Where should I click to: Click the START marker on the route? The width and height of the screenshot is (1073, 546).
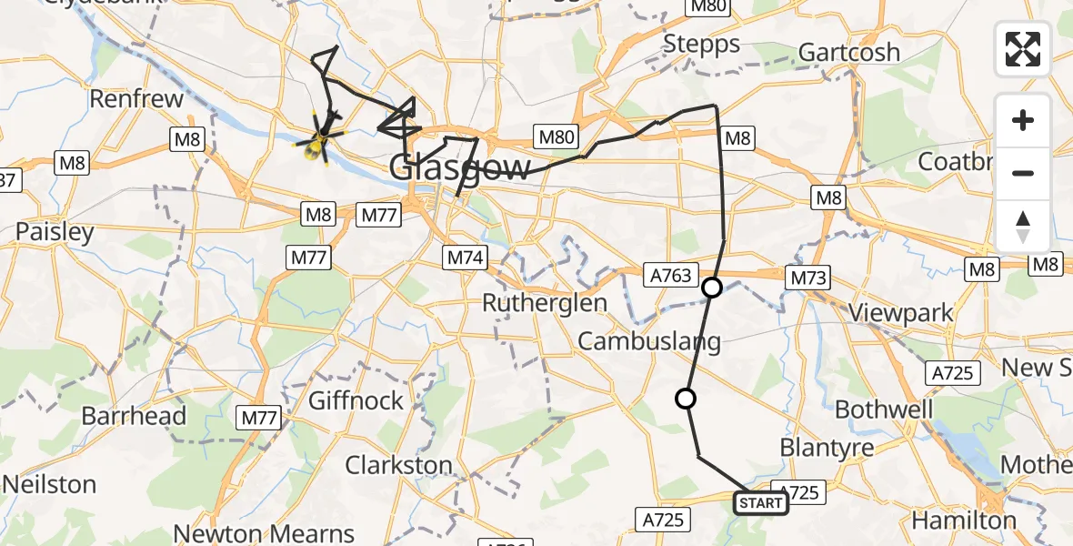pyautogui.click(x=760, y=502)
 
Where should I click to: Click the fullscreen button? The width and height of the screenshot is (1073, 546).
pyautogui.click(x=1023, y=49)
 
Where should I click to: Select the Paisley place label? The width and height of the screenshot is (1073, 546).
pyautogui.click(x=55, y=232)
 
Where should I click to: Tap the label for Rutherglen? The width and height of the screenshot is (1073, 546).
pyautogui.click(x=544, y=303)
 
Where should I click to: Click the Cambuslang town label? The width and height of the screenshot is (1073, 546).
pyautogui.click(x=649, y=342)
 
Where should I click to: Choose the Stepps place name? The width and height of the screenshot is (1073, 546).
pyautogui.click(x=701, y=43)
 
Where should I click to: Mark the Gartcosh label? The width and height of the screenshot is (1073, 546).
pyautogui.click(x=849, y=52)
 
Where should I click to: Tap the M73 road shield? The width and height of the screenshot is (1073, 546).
pyautogui.click(x=807, y=278)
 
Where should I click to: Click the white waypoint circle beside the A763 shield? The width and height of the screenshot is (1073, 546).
pyautogui.click(x=712, y=288)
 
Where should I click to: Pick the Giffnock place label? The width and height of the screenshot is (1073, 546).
pyautogui.click(x=356, y=400)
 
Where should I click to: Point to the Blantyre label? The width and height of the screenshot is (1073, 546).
pyautogui.click(x=827, y=448)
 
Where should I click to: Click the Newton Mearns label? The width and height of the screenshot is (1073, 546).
pyautogui.click(x=264, y=533)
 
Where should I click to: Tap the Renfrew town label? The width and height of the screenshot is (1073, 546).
pyautogui.click(x=137, y=98)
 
